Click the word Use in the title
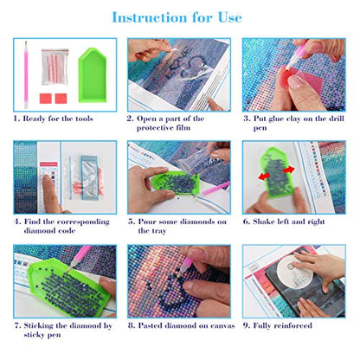tap(230, 17)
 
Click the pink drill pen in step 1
tap(26, 74)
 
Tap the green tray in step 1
tap(93, 75)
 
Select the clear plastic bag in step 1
tap(55, 67)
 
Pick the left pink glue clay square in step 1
tap(46, 99)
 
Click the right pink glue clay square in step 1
tap(61, 99)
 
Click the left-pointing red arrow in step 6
tap(264, 176)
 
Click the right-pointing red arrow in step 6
tap(289, 170)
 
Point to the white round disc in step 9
tap(294, 270)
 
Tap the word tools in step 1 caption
tap(84, 119)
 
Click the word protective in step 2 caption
tap(155, 128)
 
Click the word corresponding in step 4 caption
tap(83, 222)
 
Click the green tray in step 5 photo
tap(175, 182)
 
